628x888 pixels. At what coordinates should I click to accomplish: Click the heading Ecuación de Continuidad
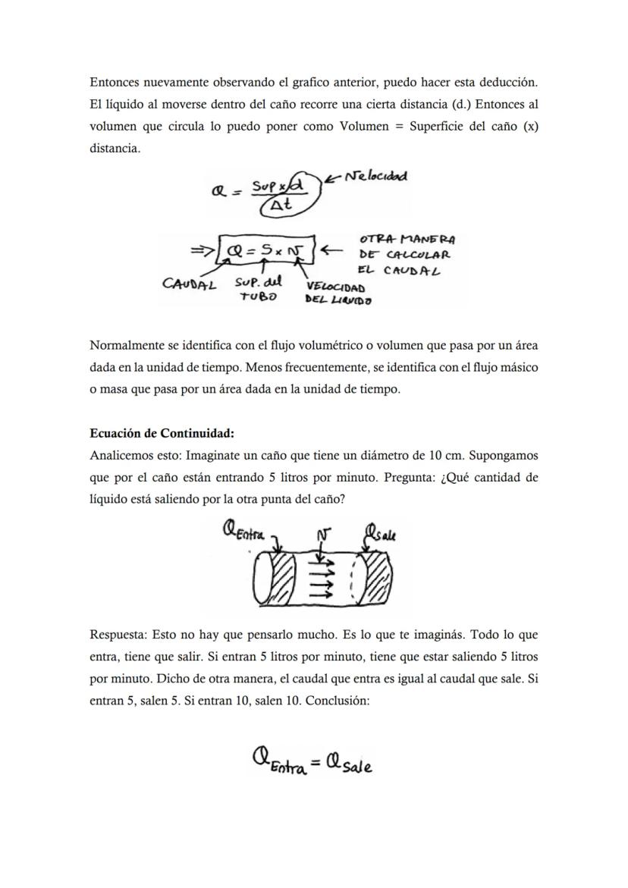[x=162, y=434]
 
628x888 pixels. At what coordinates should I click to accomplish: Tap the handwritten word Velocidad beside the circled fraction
[x=375, y=177]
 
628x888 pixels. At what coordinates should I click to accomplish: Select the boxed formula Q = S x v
[x=266, y=249]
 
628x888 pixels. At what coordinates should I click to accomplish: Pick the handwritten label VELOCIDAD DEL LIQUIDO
[x=338, y=294]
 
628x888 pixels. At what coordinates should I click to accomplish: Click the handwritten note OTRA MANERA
[x=407, y=240]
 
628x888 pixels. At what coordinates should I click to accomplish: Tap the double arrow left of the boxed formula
[x=203, y=249]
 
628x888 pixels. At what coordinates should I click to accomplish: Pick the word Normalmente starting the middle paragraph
[x=124, y=346]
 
